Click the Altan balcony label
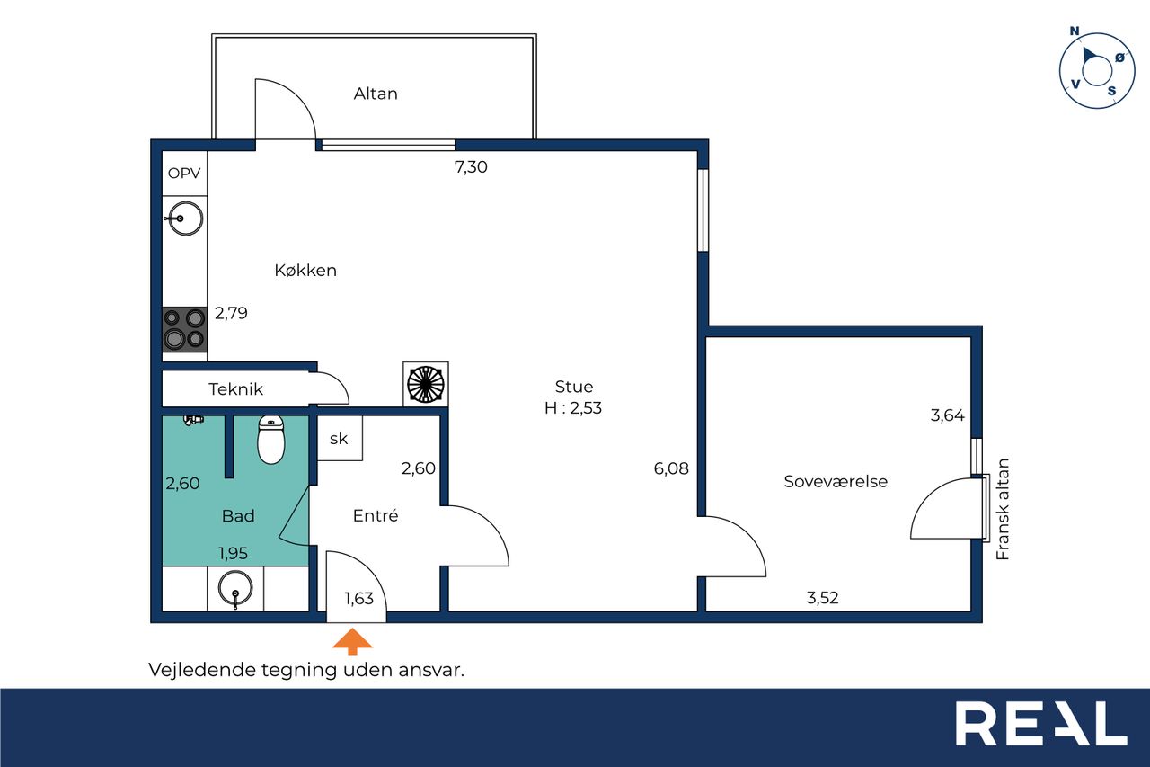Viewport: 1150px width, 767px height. coord(376,94)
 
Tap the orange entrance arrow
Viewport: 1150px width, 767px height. coord(352,641)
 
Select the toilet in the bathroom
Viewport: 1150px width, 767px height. coord(271,440)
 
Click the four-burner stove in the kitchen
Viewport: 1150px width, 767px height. coord(184,329)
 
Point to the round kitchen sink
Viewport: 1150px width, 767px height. coord(185,219)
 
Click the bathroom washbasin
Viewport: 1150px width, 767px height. coord(235,588)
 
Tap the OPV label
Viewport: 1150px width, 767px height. coord(184,174)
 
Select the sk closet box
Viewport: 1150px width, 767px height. coord(340,438)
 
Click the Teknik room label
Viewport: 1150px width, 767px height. coord(235,388)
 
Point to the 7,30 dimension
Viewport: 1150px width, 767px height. coord(471,167)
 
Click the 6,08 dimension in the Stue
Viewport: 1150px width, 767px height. coord(671,468)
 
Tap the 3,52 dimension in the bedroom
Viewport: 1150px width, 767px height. coord(822,597)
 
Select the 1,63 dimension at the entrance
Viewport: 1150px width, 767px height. coord(358,599)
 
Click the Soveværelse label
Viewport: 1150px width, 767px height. coord(836,481)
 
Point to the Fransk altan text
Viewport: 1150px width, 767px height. coord(1002,509)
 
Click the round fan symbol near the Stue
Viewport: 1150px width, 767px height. coord(426,384)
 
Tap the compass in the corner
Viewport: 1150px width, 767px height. coord(1097,70)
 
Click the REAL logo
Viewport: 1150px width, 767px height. coord(1041,724)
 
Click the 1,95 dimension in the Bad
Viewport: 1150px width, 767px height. coord(233,553)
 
